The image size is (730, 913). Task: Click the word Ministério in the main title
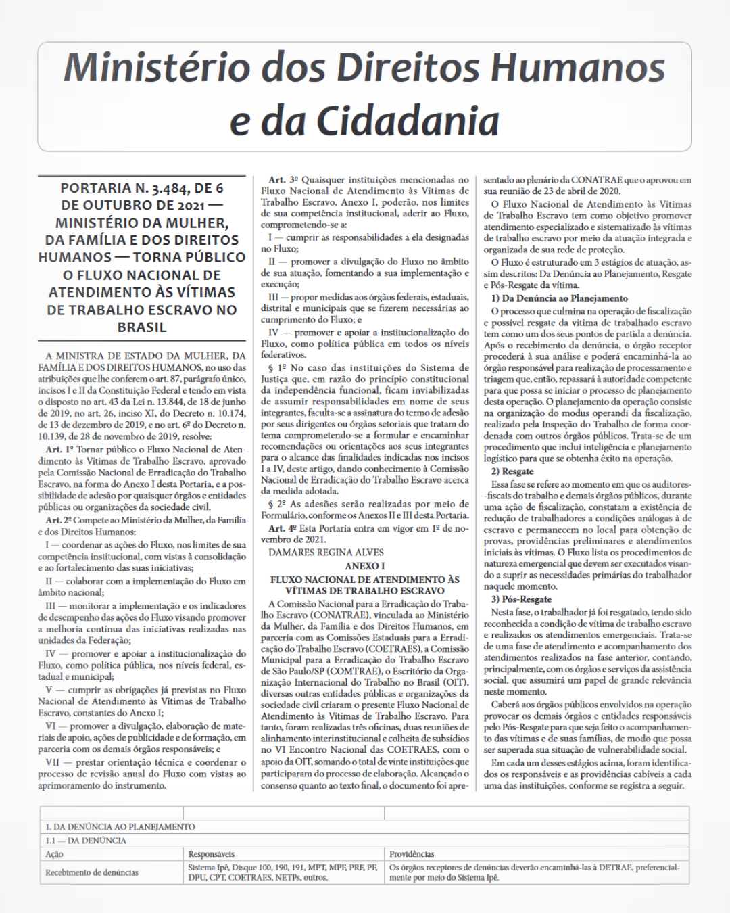[157, 68]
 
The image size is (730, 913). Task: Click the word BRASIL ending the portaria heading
[142, 327]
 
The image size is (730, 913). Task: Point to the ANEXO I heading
[364, 566]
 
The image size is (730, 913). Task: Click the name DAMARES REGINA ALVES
[326, 553]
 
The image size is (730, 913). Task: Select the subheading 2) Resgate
[512, 471]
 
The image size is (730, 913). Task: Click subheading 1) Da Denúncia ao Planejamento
[559, 298]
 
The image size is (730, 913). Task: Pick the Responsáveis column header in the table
[212, 854]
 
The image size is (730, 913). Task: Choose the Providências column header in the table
[412, 854]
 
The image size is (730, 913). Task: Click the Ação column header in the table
[54, 854]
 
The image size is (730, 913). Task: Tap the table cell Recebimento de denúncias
[92, 872]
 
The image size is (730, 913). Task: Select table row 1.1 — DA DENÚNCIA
[86, 841]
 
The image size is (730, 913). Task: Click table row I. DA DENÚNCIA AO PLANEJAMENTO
[120, 827]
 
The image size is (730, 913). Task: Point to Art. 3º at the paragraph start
[283, 180]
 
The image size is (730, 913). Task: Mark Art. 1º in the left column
[59, 450]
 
